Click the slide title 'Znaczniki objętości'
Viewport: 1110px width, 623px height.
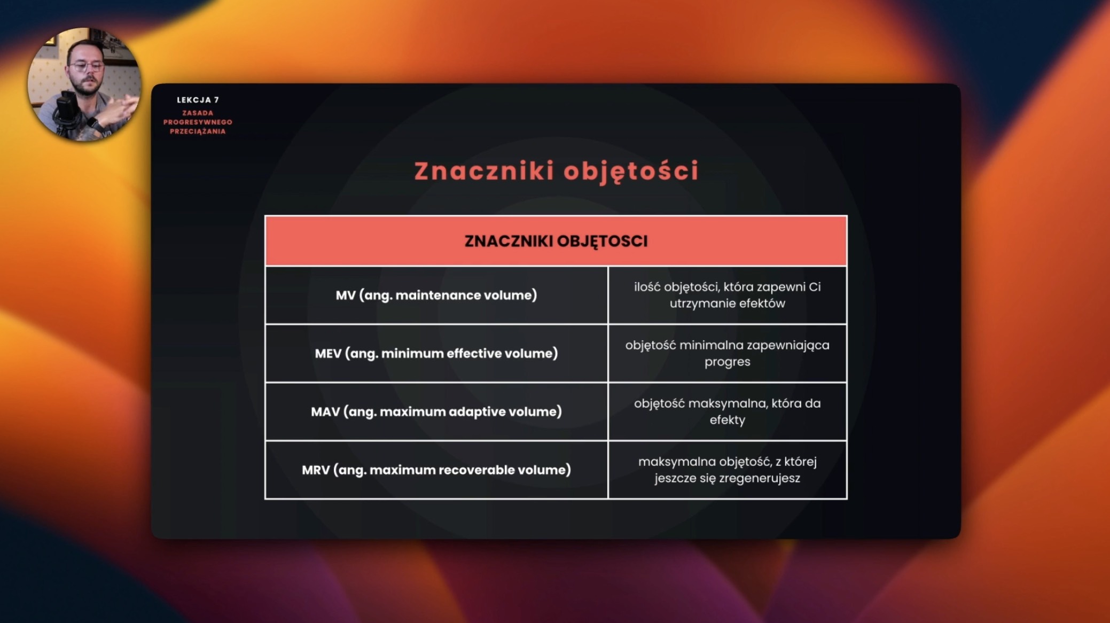556,172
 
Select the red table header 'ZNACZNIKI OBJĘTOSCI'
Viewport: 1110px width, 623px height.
556,241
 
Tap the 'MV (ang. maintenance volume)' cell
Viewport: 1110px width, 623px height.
436,295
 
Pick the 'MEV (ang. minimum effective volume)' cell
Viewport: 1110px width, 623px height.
436,353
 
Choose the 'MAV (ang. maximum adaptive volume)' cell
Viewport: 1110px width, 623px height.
436,411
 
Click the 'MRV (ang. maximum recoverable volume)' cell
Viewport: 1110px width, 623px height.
436,470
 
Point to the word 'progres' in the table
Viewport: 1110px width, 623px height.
727,362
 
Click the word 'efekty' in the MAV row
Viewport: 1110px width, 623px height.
727,420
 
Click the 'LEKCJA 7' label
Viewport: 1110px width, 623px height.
198,100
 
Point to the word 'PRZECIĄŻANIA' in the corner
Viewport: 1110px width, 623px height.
198,131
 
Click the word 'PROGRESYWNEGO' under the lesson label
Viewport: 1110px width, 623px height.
198,122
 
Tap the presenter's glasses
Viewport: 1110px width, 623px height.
87,66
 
